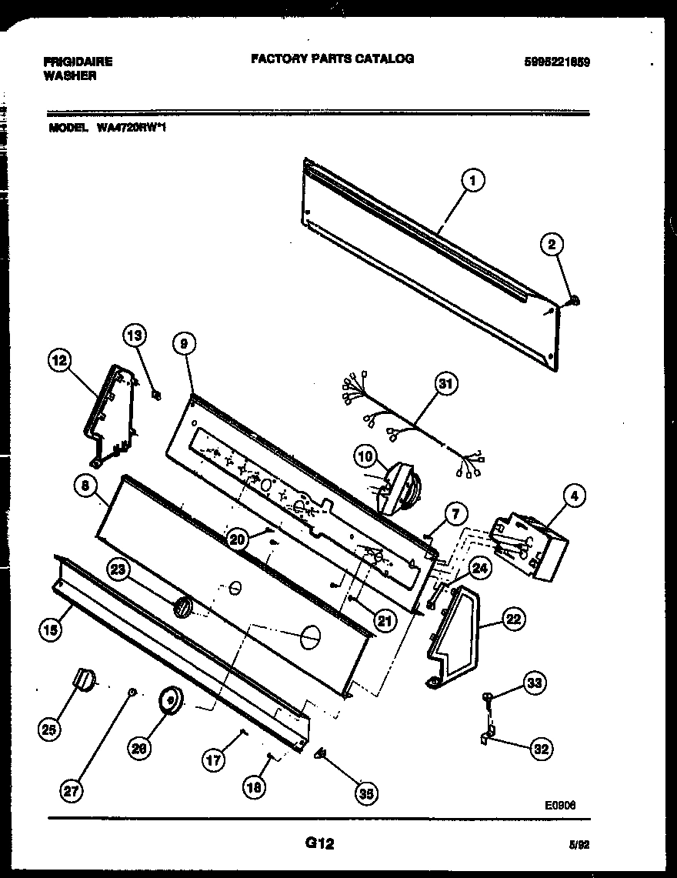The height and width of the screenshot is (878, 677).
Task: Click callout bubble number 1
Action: [x=473, y=182]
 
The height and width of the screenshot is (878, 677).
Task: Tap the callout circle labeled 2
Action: [x=552, y=245]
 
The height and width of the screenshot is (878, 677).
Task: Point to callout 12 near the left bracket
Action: [x=59, y=360]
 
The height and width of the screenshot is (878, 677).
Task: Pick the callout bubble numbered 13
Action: [x=134, y=335]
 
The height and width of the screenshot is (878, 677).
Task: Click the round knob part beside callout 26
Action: [x=168, y=701]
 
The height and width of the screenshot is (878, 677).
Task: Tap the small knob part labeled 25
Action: [x=83, y=679]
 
